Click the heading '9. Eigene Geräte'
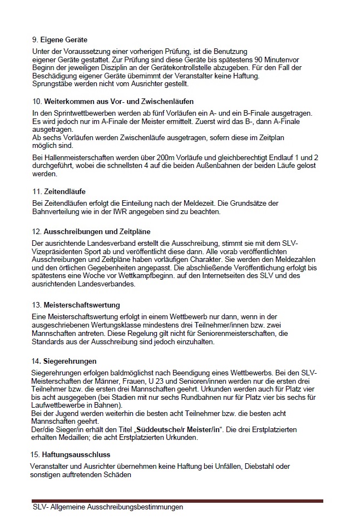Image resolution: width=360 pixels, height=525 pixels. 60,40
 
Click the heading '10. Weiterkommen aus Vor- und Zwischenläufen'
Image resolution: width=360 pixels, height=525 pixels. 112,102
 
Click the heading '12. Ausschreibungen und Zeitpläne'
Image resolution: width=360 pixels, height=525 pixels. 91,231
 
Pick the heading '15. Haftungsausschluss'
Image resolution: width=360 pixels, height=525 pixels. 70,454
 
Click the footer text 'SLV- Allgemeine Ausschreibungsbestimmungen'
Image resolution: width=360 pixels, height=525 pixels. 107,507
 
